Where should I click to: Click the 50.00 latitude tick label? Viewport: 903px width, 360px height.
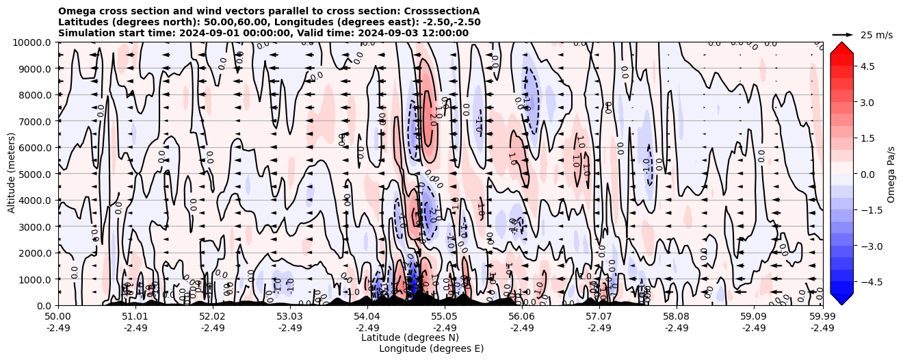58,317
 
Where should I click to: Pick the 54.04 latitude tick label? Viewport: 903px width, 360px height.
367,317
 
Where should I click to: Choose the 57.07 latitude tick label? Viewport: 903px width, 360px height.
599,317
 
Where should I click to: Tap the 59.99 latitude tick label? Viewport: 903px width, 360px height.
822,317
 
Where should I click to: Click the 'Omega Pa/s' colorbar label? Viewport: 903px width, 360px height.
891,174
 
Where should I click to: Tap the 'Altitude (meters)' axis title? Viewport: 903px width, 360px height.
12,174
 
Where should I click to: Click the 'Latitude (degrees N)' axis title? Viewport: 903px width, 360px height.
410,337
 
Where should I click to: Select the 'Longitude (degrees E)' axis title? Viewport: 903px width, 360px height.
431,348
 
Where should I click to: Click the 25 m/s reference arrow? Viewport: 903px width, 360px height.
843,34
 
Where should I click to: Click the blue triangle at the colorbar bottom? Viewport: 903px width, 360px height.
841,299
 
